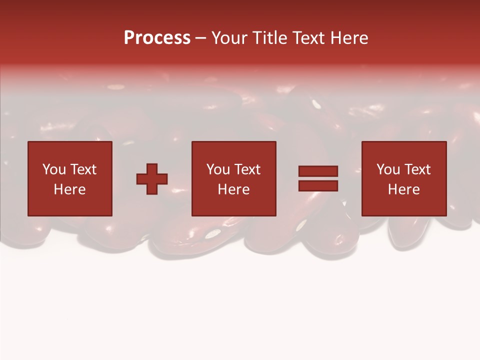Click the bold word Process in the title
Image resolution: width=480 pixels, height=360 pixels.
click(157, 38)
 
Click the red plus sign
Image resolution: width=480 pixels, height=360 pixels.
click(152, 179)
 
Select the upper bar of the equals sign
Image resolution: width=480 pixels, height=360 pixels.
click(318, 171)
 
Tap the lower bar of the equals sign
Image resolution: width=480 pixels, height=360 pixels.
click(318, 185)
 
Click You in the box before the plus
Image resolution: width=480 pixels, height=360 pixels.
click(54, 169)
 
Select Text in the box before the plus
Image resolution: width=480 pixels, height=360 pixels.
click(83, 169)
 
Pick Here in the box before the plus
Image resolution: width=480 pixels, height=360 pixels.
click(69, 189)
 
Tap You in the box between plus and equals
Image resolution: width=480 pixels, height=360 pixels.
click(218, 169)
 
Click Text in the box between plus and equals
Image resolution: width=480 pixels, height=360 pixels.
click(247, 169)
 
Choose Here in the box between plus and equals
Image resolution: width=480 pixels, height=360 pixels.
click(233, 189)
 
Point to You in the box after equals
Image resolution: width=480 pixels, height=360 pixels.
click(388, 169)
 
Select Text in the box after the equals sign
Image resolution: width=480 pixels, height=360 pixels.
click(417, 169)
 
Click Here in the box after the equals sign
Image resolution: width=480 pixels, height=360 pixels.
click(403, 189)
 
